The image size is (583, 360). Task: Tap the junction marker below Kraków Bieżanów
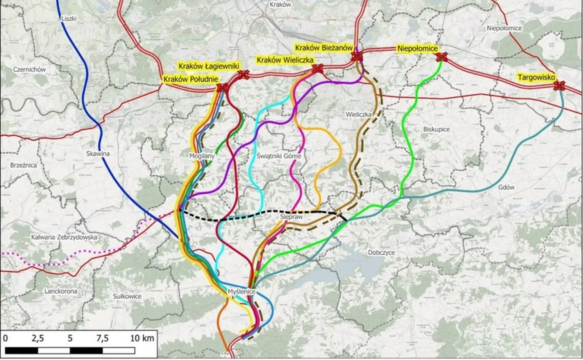[356, 57]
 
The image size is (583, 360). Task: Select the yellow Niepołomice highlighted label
[418, 49]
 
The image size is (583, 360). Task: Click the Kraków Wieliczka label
[285, 60]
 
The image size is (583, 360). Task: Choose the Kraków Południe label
[190, 79]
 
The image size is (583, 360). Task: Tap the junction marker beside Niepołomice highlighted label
[442, 57]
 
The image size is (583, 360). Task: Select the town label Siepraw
[290, 217]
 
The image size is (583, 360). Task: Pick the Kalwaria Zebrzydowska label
[64, 237]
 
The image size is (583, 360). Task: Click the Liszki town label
[69, 18]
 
